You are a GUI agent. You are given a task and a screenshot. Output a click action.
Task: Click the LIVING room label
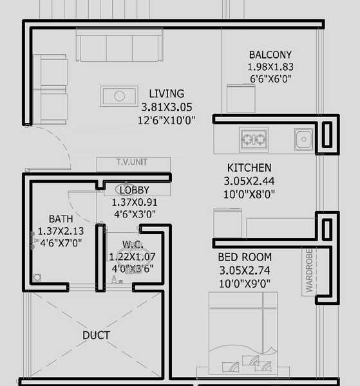pyautogui.click(x=166, y=94)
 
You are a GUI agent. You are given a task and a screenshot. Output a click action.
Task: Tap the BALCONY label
pyautogui.click(x=270, y=55)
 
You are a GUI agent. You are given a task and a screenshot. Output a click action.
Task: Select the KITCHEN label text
pyautogui.click(x=248, y=168)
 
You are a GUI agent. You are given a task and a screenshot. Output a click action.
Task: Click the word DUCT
pyautogui.click(x=96, y=335)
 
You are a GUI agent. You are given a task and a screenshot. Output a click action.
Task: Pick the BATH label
pyautogui.click(x=61, y=219)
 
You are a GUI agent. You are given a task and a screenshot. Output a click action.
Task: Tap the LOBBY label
pyautogui.click(x=135, y=190)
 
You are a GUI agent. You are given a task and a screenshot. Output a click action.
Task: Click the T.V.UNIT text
pyautogui.click(x=133, y=163)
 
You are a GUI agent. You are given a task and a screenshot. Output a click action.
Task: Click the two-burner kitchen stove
pyautogui.click(x=253, y=138)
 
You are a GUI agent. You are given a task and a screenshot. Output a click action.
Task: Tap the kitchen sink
pyautogui.click(x=303, y=138)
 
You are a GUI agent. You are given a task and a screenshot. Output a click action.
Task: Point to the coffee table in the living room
pyautogui.click(x=119, y=96)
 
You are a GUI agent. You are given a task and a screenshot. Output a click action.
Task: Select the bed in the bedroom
pyautogui.click(x=242, y=338)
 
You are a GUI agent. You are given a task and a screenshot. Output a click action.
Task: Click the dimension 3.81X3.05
pyautogui.click(x=166, y=107)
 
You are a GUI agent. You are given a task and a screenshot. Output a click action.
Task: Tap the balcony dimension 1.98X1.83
pyautogui.click(x=270, y=67)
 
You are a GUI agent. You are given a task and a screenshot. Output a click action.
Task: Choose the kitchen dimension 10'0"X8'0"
pyautogui.click(x=248, y=194)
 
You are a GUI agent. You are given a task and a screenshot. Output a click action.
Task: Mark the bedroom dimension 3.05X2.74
pyautogui.click(x=244, y=270)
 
